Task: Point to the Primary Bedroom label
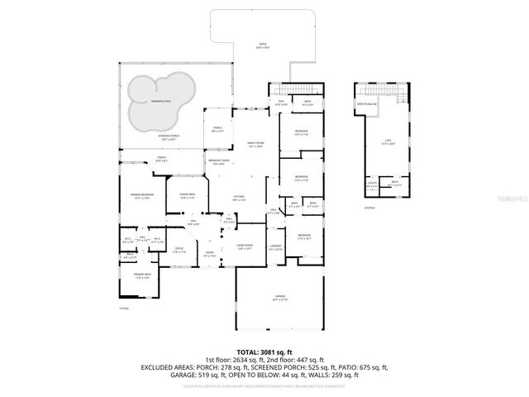pyautogui.click(x=141, y=196)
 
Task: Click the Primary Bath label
pyautogui.click(x=141, y=275)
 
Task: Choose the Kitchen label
pyautogui.click(x=240, y=197)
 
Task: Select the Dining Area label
pyautogui.click(x=187, y=196)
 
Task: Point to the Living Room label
pyautogui.click(x=244, y=246)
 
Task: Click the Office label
pyautogui.click(x=179, y=250)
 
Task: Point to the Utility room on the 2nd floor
pyautogui.click(x=372, y=185)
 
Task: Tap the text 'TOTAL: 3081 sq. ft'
pyautogui.click(x=264, y=352)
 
